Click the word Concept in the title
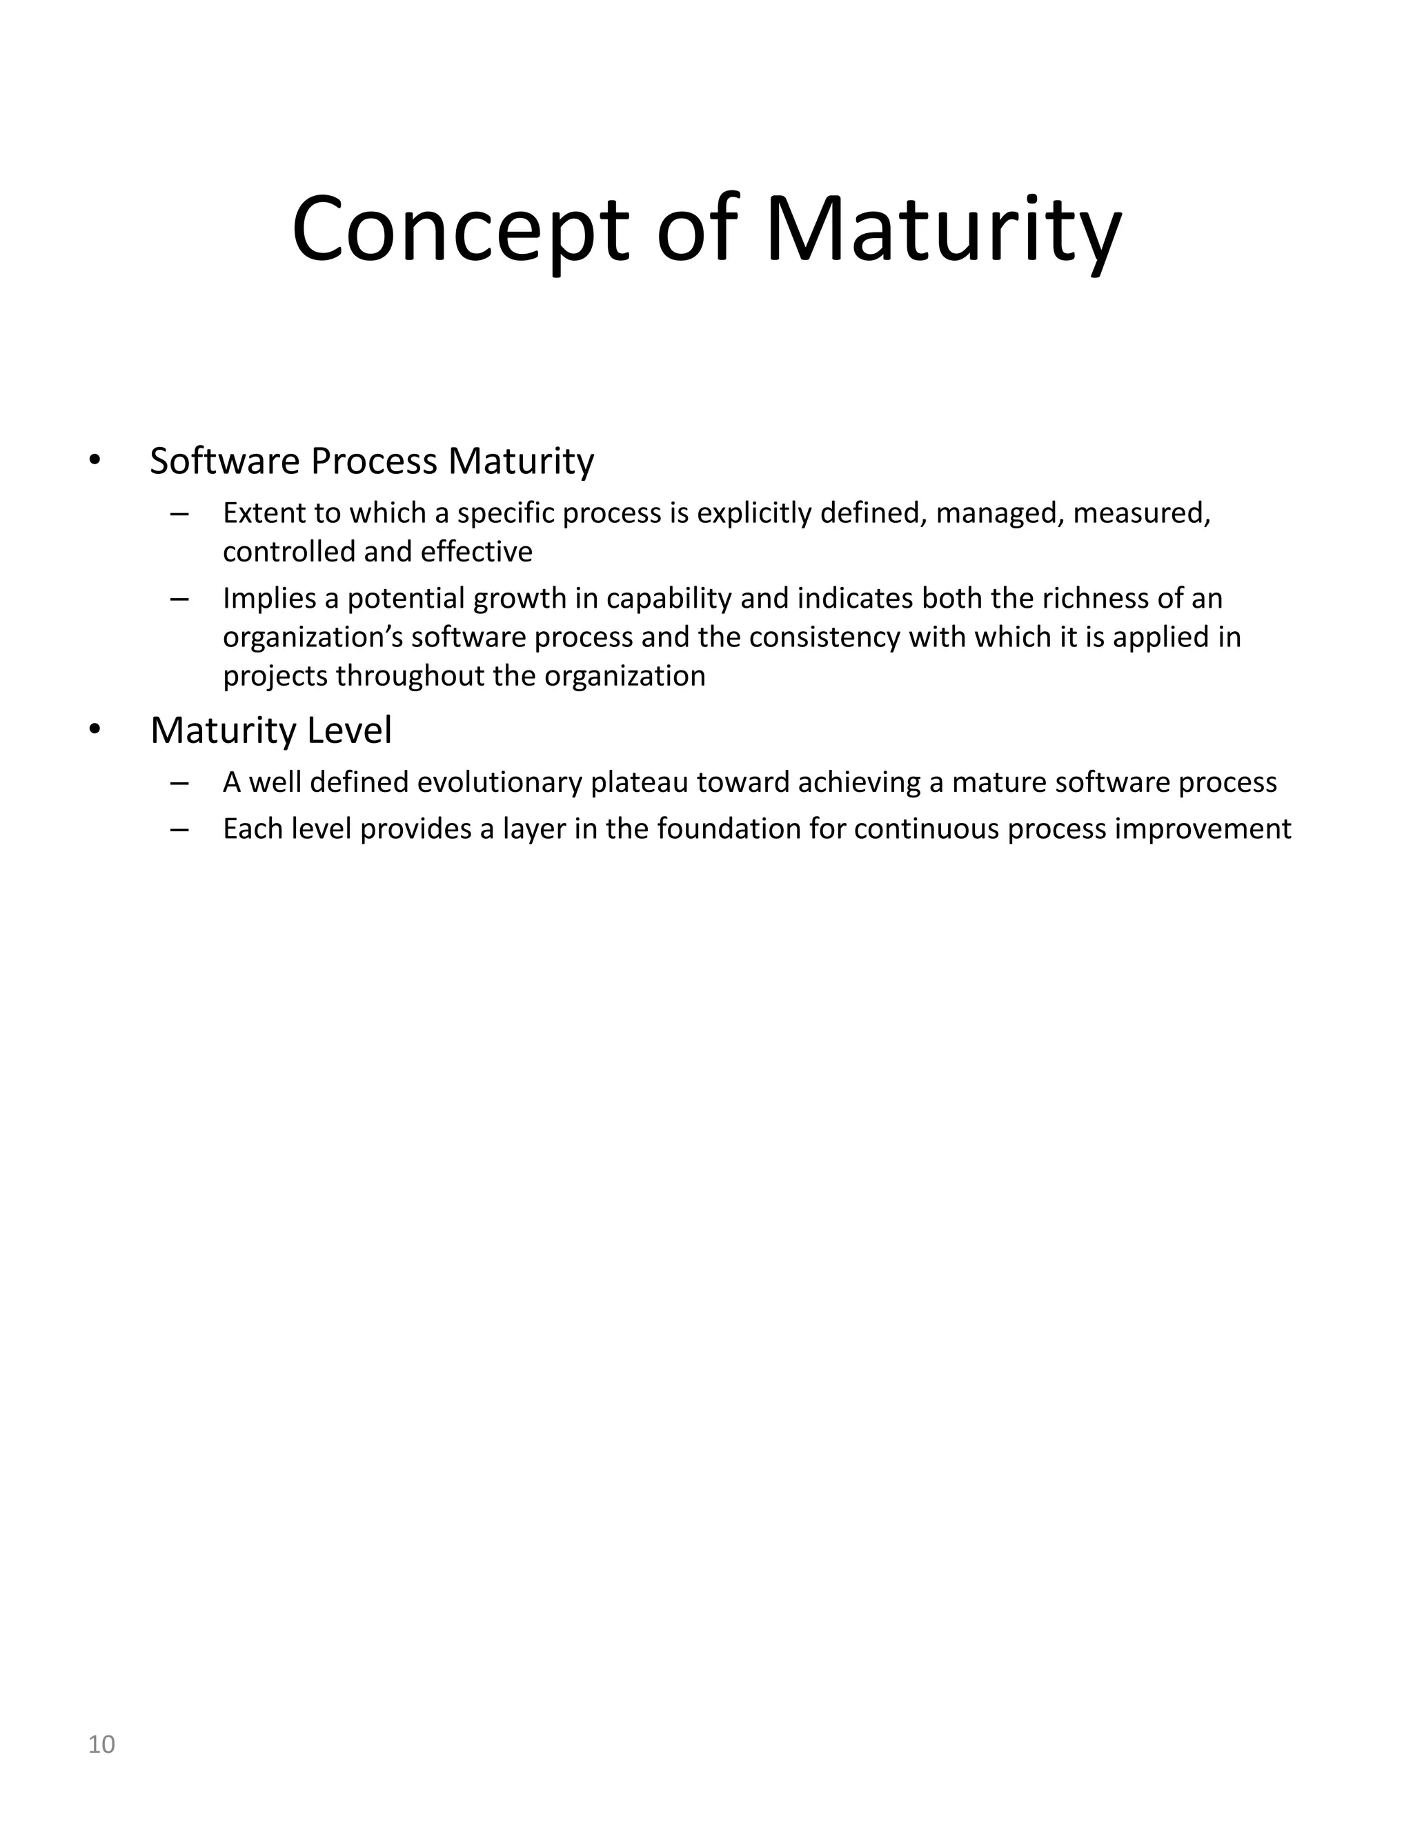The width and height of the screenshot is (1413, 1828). coord(460,229)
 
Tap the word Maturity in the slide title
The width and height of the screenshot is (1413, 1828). coord(942,229)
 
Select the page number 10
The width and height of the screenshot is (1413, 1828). coord(101,1745)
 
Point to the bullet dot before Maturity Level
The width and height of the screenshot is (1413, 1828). coord(95,730)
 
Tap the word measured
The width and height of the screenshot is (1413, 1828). coord(1141,513)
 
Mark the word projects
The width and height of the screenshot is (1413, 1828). coord(275,675)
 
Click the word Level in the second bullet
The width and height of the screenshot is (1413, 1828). coord(349,730)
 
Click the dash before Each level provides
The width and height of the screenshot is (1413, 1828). coord(178,829)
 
